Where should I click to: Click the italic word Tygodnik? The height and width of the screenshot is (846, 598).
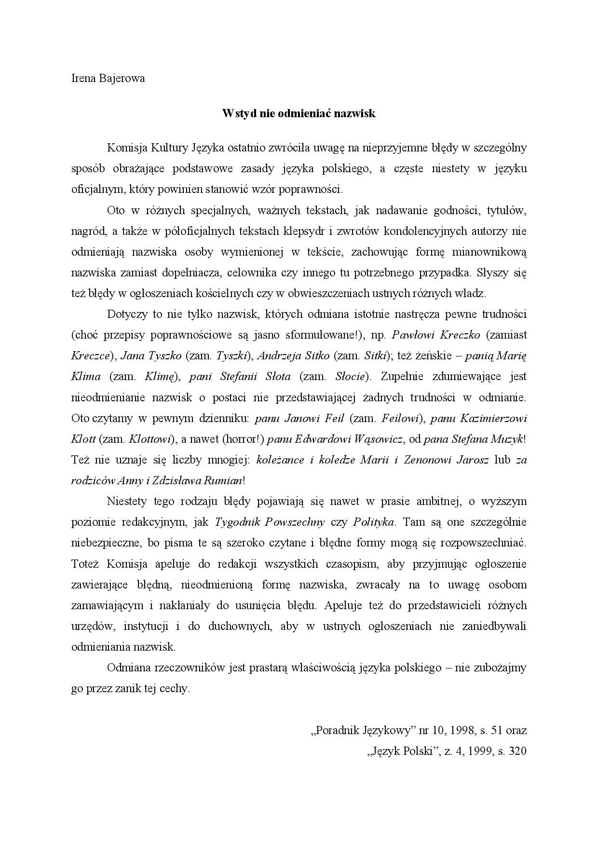tap(237, 522)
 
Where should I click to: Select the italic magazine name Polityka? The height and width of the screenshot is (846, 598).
tap(374, 522)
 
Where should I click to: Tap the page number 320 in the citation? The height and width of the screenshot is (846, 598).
tap(517, 751)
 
